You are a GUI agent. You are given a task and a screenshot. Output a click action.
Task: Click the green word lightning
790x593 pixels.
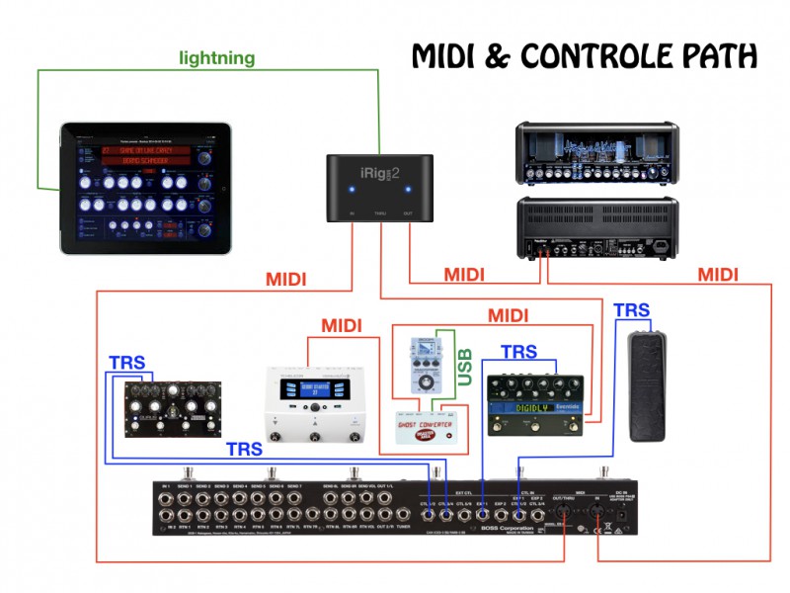[x=216, y=58]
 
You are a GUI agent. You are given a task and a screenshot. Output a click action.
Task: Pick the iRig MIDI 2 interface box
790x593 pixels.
[x=381, y=189]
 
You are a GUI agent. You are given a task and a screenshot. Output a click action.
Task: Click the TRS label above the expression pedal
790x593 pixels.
[x=632, y=309]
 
